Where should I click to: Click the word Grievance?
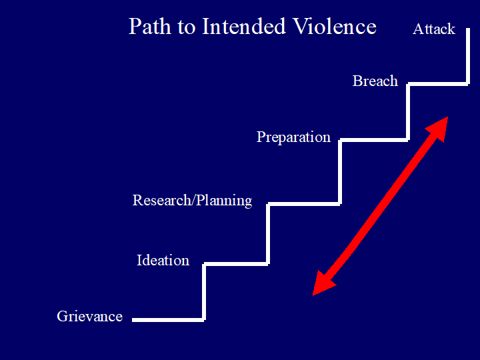pos(89,316)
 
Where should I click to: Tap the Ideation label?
pos(163,260)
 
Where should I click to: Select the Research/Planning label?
pos(192,200)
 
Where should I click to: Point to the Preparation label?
pos(293,137)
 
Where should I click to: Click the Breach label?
pos(375,81)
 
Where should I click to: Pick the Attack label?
pos(433,29)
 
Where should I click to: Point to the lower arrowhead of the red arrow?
pos(322,283)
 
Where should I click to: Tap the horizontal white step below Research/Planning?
pos(303,203)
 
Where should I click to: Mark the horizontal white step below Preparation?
pos(373,140)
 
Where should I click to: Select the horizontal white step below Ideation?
pos(236,264)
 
